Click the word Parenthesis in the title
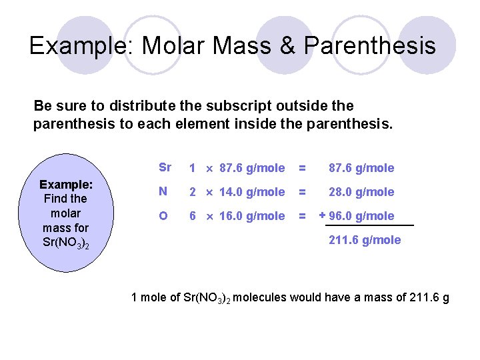[x=370, y=45]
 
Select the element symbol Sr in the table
[x=165, y=167]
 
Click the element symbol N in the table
[x=163, y=191]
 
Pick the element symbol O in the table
[x=163, y=215]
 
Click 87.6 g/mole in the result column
[x=361, y=168]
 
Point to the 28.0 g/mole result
[x=361, y=192]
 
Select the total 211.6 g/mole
[x=365, y=240]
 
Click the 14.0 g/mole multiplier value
[x=252, y=192]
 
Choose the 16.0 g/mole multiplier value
[x=252, y=216]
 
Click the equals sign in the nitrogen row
[x=303, y=192]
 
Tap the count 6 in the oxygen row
[x=192, y=216]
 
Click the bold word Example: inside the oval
[x=65, y=184]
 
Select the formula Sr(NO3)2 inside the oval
[x=65, y=242]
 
